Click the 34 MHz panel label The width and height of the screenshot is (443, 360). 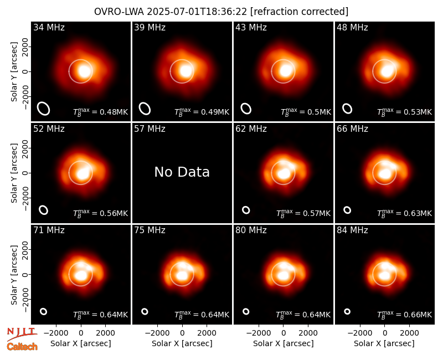coord(49,27)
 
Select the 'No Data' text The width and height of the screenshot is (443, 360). coord(182,172)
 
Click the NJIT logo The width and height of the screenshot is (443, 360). coord(22,334)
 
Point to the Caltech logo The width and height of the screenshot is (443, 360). coord(22,347)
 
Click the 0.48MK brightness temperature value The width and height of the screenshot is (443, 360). coord(114,112)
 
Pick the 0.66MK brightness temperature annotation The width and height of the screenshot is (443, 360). coord(418,315)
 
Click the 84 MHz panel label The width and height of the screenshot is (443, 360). coord(352,230)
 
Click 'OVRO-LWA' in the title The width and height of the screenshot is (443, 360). coord(119,12)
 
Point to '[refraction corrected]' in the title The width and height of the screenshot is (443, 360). coord(300,12)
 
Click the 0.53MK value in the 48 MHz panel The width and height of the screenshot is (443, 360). coord(418,112)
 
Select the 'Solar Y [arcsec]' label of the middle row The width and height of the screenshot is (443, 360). coord(14,173)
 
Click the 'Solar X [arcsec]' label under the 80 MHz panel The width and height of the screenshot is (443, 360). coord(284,343)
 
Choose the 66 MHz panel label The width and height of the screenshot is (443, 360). coord(352,129)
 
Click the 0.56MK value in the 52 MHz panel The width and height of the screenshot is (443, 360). coord(114,213)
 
